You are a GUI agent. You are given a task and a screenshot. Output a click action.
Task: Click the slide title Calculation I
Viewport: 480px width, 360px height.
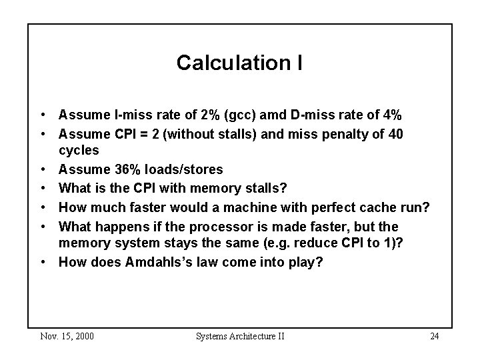239,63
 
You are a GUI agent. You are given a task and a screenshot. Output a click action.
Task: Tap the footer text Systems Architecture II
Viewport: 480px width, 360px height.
240,335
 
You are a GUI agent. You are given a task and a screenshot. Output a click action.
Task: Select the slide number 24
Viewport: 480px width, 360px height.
434,335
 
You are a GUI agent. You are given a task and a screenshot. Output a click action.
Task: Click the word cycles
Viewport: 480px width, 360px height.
79,150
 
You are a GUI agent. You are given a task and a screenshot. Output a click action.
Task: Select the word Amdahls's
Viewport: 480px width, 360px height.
159,262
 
